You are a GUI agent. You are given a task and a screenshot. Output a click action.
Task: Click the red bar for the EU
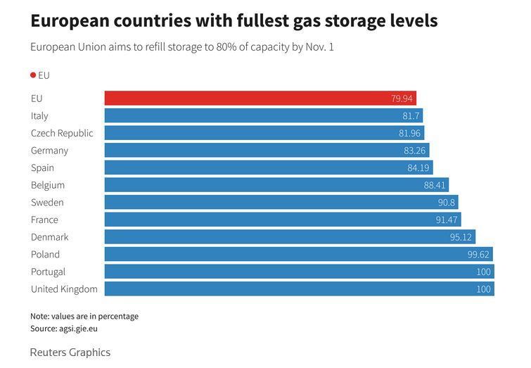[260, 99]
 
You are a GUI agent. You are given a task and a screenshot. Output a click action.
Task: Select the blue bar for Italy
[264, 115]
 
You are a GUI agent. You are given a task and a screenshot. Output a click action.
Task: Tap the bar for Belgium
[276, 185]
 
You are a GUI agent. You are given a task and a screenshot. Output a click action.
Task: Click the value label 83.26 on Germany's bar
[414, 151]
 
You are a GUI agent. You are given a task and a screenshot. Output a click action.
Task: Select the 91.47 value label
[447, 220]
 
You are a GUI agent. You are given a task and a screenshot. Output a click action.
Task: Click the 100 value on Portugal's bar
[484, 272]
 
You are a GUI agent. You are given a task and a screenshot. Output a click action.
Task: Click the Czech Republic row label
[62, 133]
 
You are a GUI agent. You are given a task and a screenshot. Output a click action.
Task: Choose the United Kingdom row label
[64, 289]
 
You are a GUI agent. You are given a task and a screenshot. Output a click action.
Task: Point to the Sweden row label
[47, 203]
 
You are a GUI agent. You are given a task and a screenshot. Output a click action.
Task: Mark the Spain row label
[42, 167]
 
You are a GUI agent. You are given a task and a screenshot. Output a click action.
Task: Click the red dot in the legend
[33, 75]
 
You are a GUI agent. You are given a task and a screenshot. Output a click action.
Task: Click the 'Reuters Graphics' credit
[70, 353]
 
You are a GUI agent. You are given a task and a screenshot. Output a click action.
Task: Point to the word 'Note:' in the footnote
[41, 316]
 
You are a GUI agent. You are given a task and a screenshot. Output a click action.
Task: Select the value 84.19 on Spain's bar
[417, 168]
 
